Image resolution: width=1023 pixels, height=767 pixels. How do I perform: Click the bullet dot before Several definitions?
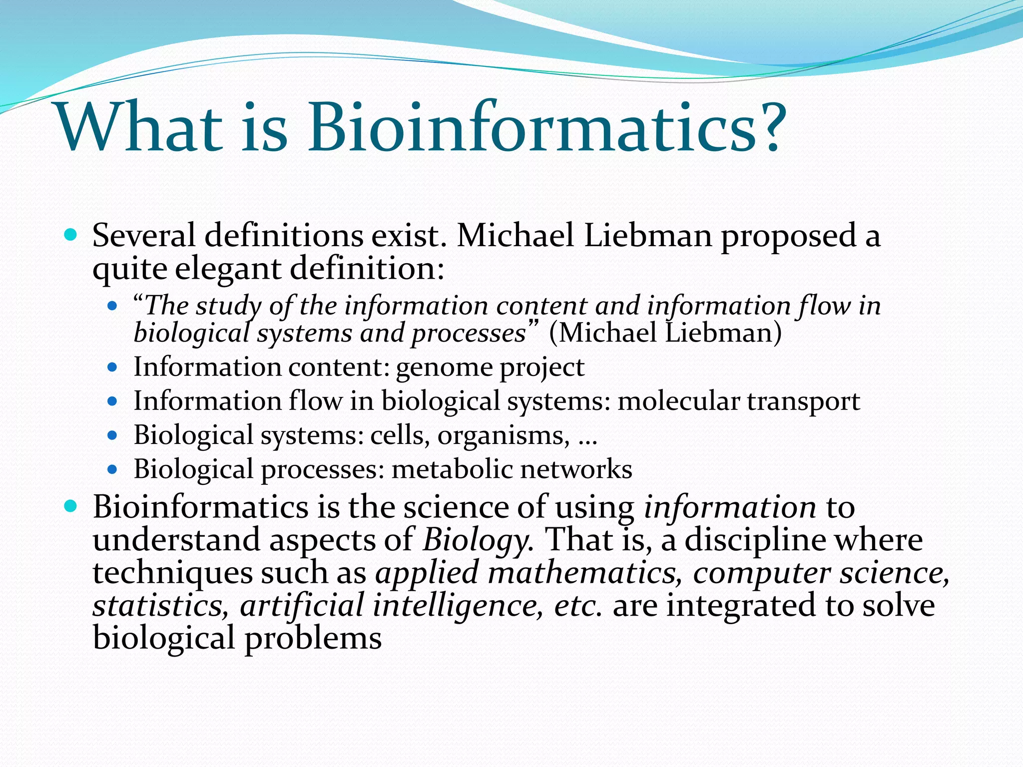(71, 234)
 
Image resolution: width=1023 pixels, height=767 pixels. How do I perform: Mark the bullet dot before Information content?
(112, 368)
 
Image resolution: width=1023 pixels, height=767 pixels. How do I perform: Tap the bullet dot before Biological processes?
(112, 469)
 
